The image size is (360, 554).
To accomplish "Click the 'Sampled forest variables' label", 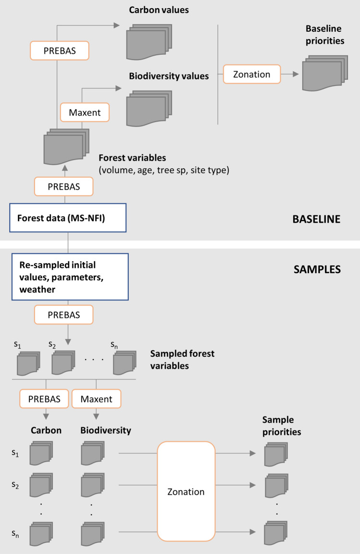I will click(x=182, y=360).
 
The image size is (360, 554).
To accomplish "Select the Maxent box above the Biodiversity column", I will click(x=96, y=399).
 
